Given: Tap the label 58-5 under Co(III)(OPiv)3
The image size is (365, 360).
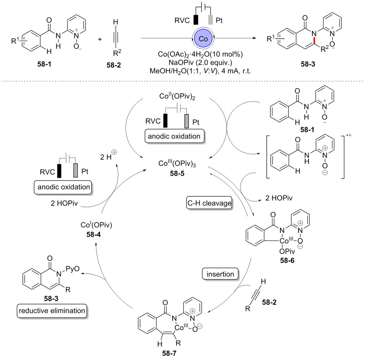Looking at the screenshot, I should click(176, 174).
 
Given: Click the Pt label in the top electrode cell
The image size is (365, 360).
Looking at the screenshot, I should click(219, 20).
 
